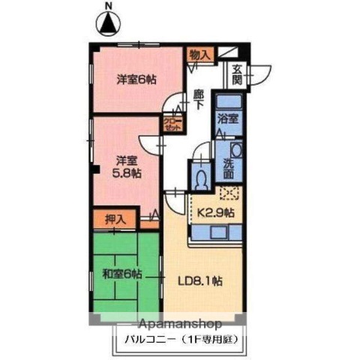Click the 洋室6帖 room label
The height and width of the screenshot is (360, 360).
pos(136,79)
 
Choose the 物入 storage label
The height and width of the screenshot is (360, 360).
pos(199,54)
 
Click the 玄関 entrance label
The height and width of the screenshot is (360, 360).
pos(237,75)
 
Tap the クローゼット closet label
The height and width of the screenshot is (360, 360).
pos(172,125)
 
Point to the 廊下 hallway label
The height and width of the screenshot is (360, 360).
pos(199,100)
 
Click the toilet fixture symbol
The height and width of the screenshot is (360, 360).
pos(201,178)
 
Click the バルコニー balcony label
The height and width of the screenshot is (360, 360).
pos(180,340)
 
